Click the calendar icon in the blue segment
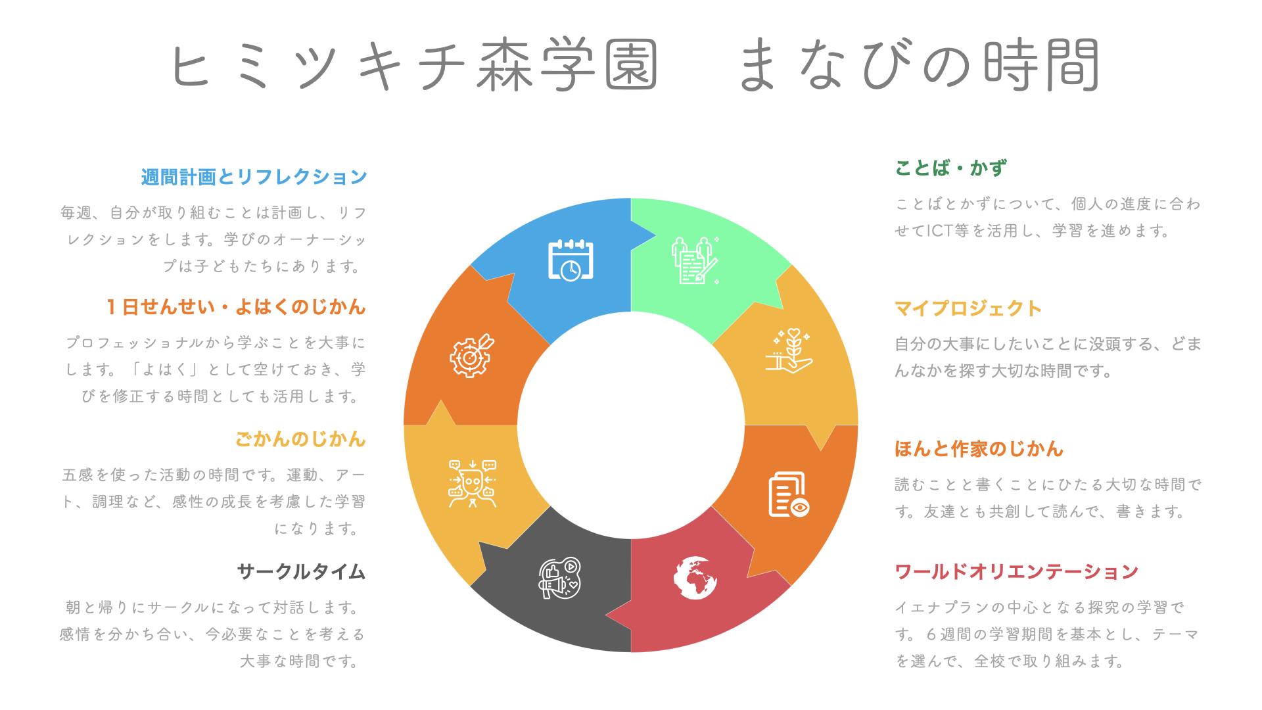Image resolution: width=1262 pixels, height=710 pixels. coord(571,260)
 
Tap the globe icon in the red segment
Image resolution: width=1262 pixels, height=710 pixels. coord(695,578)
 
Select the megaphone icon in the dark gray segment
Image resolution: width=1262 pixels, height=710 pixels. coord(560,578)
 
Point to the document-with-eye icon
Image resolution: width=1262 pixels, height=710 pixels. coord(789,494)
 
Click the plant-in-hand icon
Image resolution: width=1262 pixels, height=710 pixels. coord(789,351)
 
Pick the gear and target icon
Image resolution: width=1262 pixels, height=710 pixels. coord(472,356)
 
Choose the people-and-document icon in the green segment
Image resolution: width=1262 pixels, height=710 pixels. coord(695,260)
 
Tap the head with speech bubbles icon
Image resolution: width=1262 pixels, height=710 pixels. coord(472,484)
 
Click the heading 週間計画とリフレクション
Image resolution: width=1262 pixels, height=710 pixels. coord(254,177)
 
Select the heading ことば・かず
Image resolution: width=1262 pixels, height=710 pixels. coord(950,168)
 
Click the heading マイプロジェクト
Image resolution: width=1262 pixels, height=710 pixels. coord(968,308)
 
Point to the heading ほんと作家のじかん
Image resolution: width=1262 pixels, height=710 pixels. coord(979,449)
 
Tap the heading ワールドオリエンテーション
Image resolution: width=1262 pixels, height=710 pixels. coord(1016,572)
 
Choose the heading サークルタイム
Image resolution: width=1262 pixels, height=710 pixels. coord(301,572)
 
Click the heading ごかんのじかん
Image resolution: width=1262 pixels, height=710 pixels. coord(300,439)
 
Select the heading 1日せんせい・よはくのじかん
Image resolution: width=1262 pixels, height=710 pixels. coord(236,307)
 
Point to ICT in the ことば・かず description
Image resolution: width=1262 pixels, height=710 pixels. coord(940,231)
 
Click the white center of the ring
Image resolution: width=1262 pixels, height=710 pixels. coord(631,425)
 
